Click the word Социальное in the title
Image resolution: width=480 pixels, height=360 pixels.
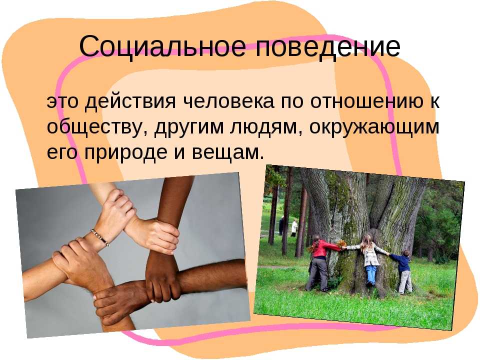[162, 46]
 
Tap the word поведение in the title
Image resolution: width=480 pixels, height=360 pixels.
[327, 47]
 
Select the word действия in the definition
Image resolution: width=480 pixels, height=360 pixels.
[130, 102]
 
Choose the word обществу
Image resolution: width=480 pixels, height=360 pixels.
[97, 126]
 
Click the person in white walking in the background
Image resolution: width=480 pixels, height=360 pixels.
[294, 228]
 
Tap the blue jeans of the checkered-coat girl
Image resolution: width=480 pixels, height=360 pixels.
[371, 274]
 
